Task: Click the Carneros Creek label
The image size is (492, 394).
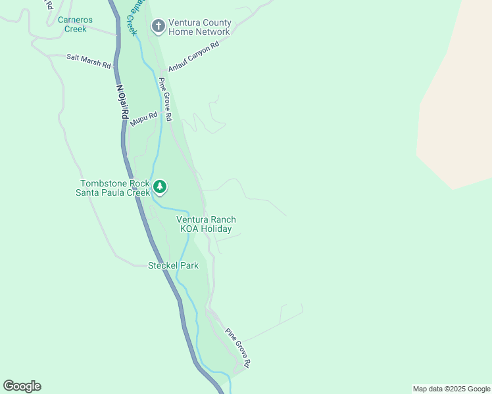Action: click(72, 24)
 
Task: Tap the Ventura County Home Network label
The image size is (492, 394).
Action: click(199, 27)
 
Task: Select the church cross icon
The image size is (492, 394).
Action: click(158, 26)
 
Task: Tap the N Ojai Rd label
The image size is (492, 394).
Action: click(122, 100)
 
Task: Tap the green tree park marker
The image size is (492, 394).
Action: click(159, 188)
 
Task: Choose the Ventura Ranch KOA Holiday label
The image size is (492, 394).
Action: click(206, 225)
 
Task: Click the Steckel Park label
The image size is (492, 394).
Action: click(173, 265)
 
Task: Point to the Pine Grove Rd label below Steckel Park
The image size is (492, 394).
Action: click(237, 347)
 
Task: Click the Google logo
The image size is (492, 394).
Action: click(22, 386)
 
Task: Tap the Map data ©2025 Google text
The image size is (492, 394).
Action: click(451, 389)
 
